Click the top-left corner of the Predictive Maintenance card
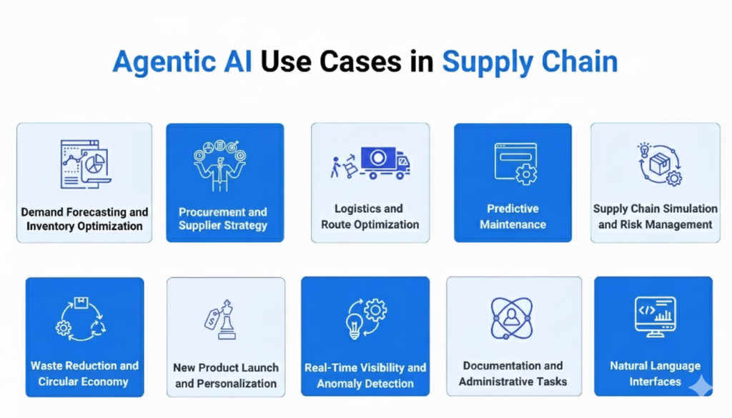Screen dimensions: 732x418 click(454, 124)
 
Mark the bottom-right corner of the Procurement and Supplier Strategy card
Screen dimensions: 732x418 click(284, 242)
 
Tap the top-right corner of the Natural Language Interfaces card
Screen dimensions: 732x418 click(713, 277)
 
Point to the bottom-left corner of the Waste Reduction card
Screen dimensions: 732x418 click(26, 397)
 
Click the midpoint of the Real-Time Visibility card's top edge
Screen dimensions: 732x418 click(365, 277)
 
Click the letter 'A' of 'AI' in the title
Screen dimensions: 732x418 click(232, 61)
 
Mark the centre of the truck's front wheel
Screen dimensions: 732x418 click(400, 175)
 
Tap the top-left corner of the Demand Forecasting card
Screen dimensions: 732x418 click(17, 124)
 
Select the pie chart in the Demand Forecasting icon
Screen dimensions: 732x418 click(95, 164)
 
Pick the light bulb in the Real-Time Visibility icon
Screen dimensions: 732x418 click(354, 326)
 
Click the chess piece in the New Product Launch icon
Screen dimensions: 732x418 click(227, 319)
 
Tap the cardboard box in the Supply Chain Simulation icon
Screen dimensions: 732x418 click(659, 164)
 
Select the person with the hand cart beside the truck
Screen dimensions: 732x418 click(343, 166)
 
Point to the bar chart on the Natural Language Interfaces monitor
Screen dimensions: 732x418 click(663, 314)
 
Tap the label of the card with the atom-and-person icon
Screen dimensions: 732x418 click(513, 374)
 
